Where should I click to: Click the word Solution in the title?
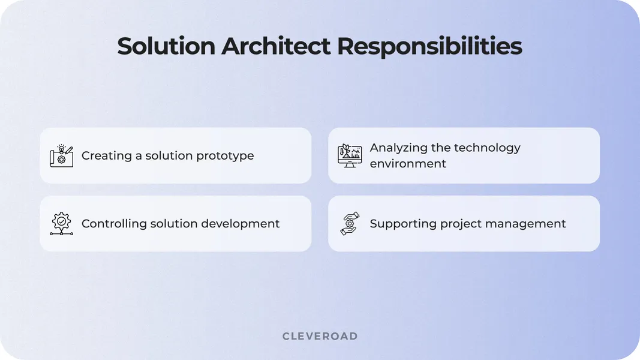(166, 47)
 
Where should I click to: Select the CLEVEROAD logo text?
(320, 336)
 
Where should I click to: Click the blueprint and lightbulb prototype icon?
(61, 156)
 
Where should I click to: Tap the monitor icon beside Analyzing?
(350, 155)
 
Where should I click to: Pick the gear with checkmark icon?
(61, 224)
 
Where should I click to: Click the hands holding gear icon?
(350, 224)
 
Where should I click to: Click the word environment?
(408, 164)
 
